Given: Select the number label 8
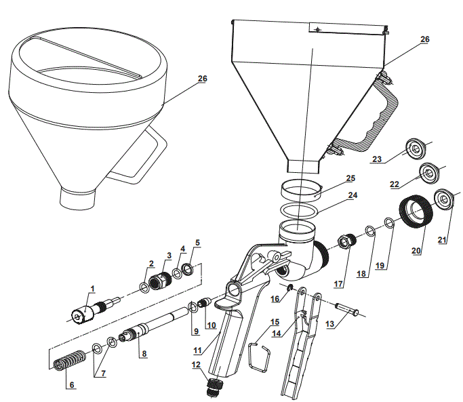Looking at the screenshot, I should (143, 353).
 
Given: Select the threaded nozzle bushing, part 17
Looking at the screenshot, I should (347, 241).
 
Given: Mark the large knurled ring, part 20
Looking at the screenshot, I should (415, 209).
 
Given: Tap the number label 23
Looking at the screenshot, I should (378, 159).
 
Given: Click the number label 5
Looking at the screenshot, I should (197, 242).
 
